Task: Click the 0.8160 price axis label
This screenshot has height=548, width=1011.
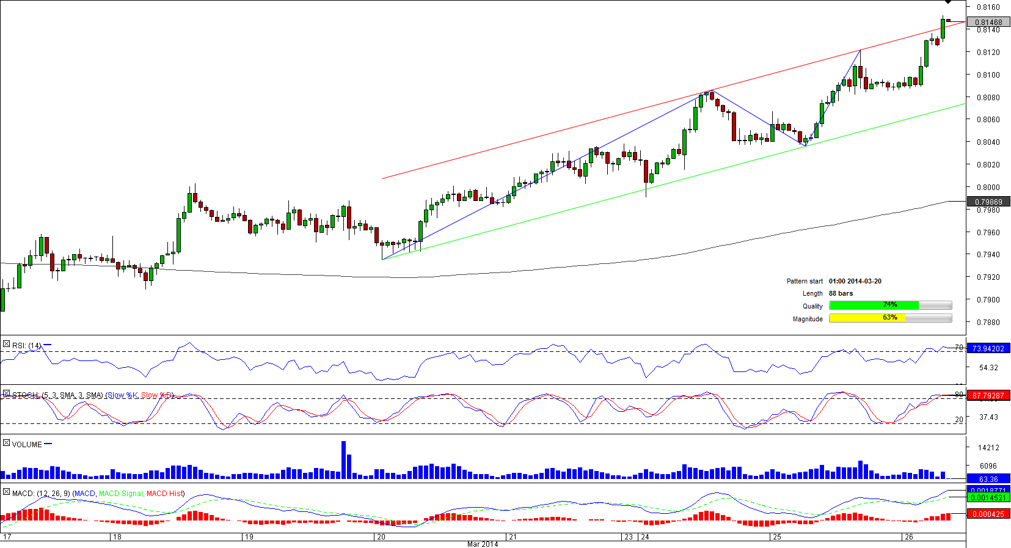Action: [988, 7]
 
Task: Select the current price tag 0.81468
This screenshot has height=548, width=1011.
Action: [988, 23]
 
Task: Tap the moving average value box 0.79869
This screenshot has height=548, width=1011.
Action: [988, 202]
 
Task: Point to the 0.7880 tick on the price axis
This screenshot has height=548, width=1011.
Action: [988, 322]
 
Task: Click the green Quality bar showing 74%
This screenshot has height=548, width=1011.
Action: [874, 305]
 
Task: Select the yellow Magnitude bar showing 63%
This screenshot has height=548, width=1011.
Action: [867, 318]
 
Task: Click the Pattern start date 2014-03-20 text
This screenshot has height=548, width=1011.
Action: [855, 281]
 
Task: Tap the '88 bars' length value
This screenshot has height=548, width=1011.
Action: [841, 293]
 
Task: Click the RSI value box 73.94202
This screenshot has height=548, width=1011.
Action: [988, 348]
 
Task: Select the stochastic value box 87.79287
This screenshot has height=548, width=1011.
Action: [988, 395]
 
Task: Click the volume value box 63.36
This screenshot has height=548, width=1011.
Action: [988, 479]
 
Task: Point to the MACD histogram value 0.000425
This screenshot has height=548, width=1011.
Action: [988, 514]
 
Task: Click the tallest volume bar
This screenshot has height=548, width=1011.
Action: [343, 459]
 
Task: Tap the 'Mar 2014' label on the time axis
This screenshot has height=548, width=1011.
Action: [483, 544]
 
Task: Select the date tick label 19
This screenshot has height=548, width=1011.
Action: [249, 537]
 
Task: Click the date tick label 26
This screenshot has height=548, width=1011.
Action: [909, 537]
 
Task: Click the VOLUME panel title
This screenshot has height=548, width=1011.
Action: [27, 444]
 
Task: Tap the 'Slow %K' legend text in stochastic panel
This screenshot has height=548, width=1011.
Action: [122, 395]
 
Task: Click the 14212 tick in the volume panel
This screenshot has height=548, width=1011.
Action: [988, 448]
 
